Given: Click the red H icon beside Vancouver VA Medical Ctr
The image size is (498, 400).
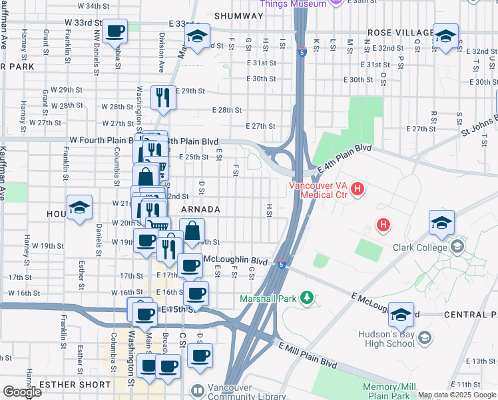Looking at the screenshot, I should pos(358,190).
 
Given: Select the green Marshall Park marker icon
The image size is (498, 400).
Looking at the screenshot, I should pos(307,296).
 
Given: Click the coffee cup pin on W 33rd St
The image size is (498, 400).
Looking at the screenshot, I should pos(116,31).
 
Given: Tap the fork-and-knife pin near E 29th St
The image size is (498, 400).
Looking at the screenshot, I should pos(163,98).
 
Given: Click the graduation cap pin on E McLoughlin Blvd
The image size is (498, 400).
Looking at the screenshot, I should pos(401,315).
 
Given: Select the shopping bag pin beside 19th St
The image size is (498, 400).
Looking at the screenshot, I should pos(192,233).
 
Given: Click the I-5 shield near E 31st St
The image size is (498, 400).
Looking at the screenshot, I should pos(302,53).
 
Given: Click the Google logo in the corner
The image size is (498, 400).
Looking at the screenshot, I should pos(22,392).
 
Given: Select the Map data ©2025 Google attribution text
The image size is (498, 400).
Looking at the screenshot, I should pos(457,395).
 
